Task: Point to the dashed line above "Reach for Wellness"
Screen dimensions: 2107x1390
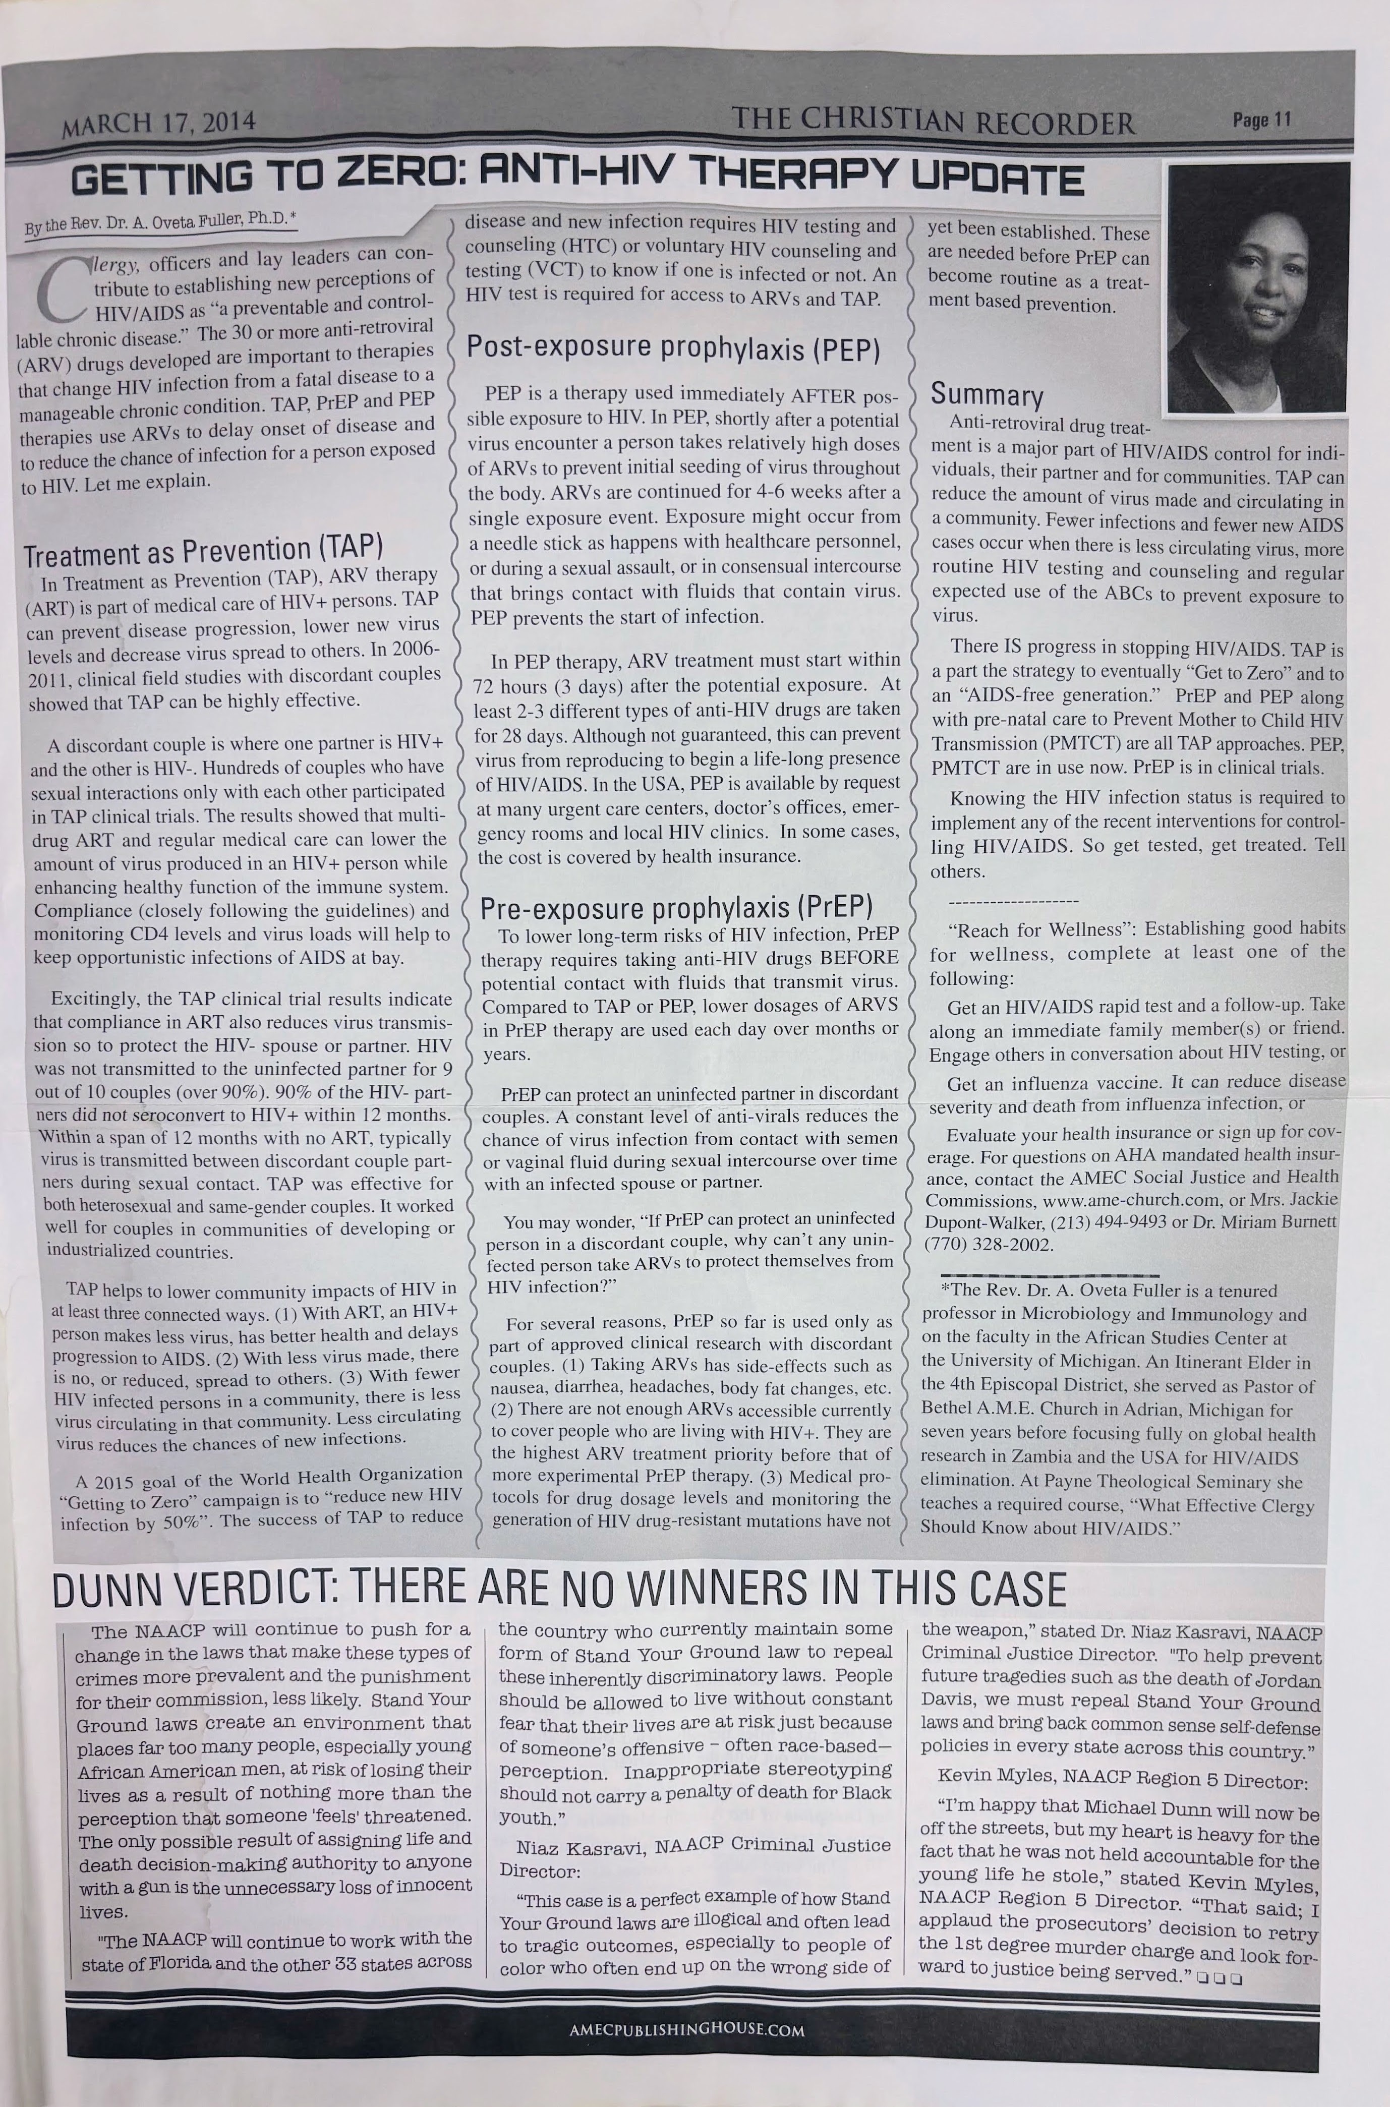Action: pyautogui.click(x=1013, y=902)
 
